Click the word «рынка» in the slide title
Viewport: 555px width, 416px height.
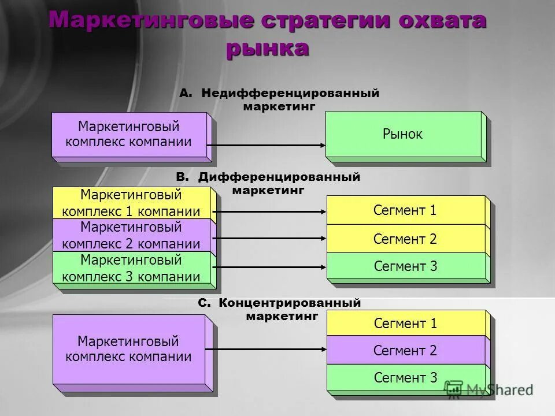(267, 48)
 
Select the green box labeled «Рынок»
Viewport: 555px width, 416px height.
(403, 135)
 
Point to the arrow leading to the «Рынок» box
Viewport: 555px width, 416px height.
(266, 146)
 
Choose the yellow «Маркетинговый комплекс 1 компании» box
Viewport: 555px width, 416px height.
(131, 203)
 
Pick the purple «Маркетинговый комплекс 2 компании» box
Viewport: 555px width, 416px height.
(131, 235)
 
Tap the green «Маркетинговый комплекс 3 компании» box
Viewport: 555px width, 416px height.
(131, 268)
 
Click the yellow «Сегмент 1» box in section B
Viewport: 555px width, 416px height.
(405, 210)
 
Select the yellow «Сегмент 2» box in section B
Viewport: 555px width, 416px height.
(405, 239)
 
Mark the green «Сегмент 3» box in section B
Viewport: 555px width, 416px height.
(405, 266)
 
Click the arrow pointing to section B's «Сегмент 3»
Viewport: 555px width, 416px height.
(271, 267)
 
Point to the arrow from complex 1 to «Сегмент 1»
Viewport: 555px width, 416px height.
(271, 211)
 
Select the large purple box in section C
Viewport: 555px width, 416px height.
(128, 349)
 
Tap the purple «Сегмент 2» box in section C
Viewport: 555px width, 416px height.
(405, 350)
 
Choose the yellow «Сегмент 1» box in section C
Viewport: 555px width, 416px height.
(405, 324)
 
